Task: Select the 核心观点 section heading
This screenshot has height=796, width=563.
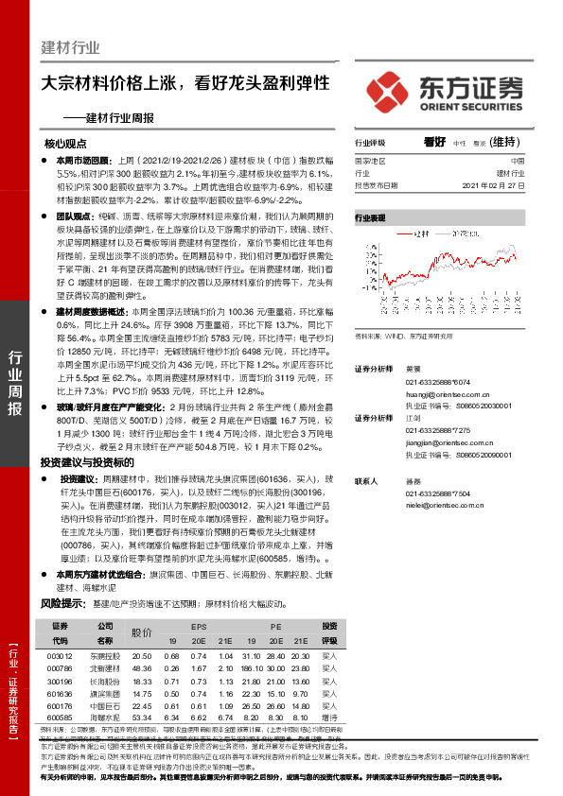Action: (65, 144)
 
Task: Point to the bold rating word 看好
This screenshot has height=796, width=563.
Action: (434, 142)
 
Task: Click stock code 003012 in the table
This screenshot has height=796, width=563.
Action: (60, 655)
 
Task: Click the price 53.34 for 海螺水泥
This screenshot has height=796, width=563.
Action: (142, 718)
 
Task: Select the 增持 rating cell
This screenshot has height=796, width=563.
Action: (329, 718)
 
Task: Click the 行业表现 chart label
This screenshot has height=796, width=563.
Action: (370, 217)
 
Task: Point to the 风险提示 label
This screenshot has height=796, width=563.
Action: (59, 602)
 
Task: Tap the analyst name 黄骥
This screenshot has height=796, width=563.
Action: (412, 368)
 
